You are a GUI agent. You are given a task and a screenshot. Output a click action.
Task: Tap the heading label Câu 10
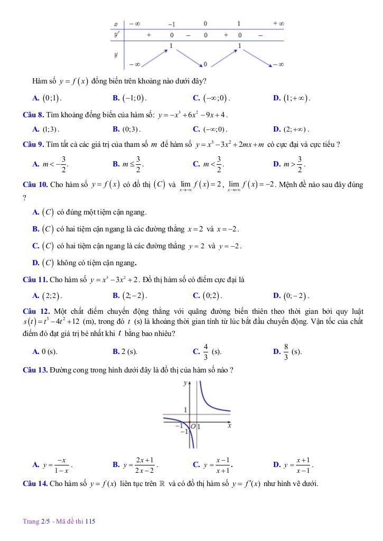pyautogui.click(x=36, y=184)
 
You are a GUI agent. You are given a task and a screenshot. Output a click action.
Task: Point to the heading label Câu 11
pyautogui.click(x=36, y=279)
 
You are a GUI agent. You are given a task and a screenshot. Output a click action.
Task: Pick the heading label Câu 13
pyautogui.click(x=36, y=370)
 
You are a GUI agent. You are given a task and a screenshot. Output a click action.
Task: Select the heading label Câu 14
pyautogui.click(x=36, y=483)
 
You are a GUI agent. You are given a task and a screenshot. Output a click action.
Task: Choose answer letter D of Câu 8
pyautogui.click(x=276, y=129)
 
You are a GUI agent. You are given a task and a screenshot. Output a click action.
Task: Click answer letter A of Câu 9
pyautogui.click(x=35, y=164)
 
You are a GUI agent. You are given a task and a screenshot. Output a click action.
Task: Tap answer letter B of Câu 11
pyautogui.click(x=116, y=295)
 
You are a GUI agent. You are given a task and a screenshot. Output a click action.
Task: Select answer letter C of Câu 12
pyautogui.click(x=196, y=351)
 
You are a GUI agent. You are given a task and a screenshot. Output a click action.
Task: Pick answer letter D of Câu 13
pyautogui.click(x=276, y=465)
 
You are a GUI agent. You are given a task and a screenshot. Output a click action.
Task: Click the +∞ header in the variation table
pyautogui.click(x=278, y=24)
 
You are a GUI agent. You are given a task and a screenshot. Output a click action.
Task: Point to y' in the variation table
pyautogui.click(x=117, y=35)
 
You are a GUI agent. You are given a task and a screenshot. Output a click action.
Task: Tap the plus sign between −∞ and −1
pyautogui.click(x=148, y=35)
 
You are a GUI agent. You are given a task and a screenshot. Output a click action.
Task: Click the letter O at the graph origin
pyautogui.click(x=193, y=426)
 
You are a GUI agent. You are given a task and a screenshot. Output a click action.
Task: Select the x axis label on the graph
pyautogui.click(x=229, y=425)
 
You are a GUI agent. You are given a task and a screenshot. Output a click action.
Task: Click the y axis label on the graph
pyautogui.click(x=184, y=384)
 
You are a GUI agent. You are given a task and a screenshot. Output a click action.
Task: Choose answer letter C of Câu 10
pyautogui.click(x=35, y=246)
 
